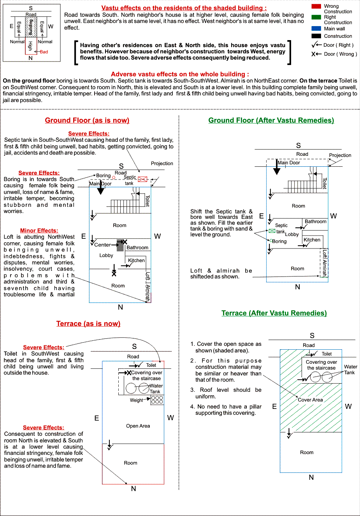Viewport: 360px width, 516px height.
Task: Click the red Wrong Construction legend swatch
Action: tap(316, 6)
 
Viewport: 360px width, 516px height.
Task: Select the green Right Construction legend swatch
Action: tap(316, 17)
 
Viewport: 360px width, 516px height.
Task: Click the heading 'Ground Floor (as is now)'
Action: tap(87, 120)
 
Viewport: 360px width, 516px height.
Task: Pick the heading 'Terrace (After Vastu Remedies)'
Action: tap(274, 313)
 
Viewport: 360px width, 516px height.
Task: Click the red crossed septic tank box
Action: tap(142, 179)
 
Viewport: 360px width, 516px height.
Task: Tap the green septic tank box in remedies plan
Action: tap(272, 231)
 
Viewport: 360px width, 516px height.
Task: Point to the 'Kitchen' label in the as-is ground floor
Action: tap(136, 261)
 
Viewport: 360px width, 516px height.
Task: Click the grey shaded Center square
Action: tap(120, 245)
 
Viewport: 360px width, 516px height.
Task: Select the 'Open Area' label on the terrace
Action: tap(138, 426)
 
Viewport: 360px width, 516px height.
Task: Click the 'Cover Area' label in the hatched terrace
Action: tap(310, 400)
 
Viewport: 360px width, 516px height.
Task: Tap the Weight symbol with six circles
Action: tap(157, 400)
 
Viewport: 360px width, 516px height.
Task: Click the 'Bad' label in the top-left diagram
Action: tap(44, 52)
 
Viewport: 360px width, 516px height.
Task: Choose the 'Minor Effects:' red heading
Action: tap(39, 231)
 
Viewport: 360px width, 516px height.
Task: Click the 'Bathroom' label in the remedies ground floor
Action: tap(316, 222)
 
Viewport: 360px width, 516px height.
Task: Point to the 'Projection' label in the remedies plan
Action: tap(340, 155)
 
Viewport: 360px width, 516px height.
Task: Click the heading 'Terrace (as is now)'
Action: tap(88, 324)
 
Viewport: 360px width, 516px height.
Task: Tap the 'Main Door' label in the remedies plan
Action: tap(289, 163)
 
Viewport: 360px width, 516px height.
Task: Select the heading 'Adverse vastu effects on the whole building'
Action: tap(180, 74)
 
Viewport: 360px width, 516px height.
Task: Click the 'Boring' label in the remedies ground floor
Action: tap(279, 241)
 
